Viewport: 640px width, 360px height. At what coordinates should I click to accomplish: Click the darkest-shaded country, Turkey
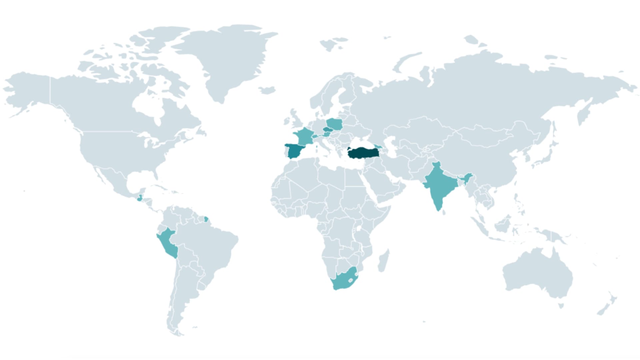363,154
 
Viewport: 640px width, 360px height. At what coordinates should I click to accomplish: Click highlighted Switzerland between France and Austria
315,136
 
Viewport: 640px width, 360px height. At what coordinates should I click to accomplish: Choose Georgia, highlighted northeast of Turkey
378,146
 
